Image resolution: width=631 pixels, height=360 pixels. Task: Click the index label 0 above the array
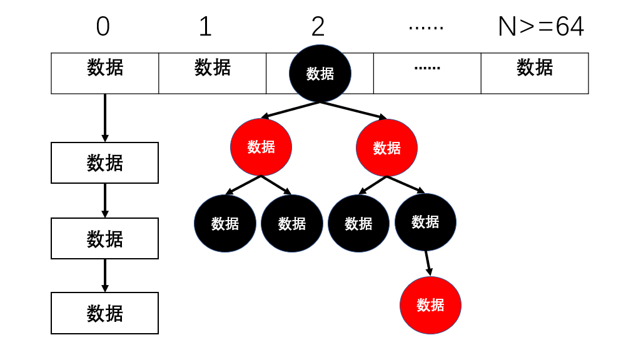pos(103,27)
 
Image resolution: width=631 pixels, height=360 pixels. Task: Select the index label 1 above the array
pos(205,27)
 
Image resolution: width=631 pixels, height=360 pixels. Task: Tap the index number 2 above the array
pos(318,27)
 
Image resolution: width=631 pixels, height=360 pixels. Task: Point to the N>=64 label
pos(541,27)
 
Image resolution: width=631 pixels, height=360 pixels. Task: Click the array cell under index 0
pos(105,73)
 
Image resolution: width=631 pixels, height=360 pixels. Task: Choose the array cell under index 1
pos(213,73)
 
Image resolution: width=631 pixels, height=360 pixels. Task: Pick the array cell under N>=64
pos(535,73)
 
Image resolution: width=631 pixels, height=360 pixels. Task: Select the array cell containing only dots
pos(427,73)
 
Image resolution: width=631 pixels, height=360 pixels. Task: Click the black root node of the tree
pos(320,73)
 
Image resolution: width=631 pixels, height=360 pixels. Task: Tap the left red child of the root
pos(261,147)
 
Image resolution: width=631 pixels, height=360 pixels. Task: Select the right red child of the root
pos(386,147)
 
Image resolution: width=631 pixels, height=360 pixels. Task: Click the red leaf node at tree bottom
pos(430,305)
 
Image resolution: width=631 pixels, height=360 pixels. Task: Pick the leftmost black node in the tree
pos(225,223)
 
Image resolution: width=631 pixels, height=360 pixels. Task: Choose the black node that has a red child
pos(425,222)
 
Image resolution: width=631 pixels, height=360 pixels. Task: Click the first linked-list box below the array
pos(105,162)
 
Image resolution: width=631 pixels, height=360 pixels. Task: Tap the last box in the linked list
pos(105,312)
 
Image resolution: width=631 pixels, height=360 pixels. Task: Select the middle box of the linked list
pos(105,238)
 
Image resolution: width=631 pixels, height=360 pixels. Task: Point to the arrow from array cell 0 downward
pos(105,117)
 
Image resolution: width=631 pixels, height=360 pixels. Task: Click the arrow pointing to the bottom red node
pos(428,262)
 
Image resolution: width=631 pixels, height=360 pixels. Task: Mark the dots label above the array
pos(426,27)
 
